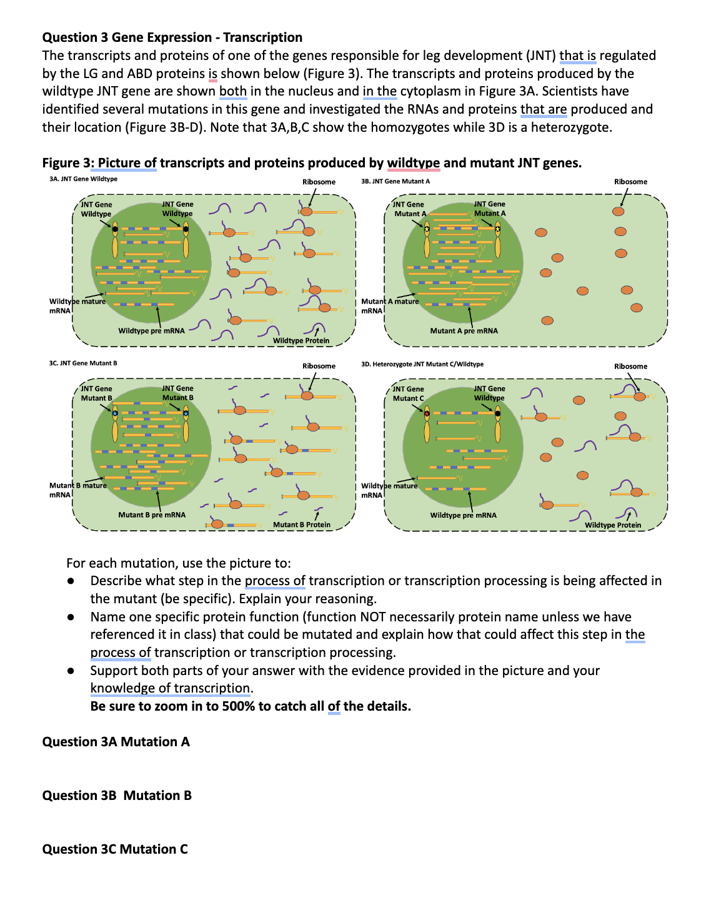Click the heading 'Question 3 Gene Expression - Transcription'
point(172,37)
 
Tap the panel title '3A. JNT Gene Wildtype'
point(83,179)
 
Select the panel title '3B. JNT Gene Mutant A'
point(395,181)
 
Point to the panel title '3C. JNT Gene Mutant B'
point(83,363)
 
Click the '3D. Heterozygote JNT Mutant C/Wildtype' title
point(422,364)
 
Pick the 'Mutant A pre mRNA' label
point(464,331)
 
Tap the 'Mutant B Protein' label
point(302,525)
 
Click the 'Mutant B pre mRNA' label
point(152,515)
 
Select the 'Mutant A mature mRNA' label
point(389,305)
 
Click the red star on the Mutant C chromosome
point(427,413)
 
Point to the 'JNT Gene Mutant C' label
point(408,393)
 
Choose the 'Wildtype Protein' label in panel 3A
point(301,340)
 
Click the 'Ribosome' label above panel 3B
point(630,182)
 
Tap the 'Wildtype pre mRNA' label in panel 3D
point(463,515)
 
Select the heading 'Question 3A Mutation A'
point(116,742)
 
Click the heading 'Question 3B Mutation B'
point(117,796)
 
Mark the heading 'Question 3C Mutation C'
point(115,849)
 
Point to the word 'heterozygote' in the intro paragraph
point(570,127)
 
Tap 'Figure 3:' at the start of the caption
point(68,163)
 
